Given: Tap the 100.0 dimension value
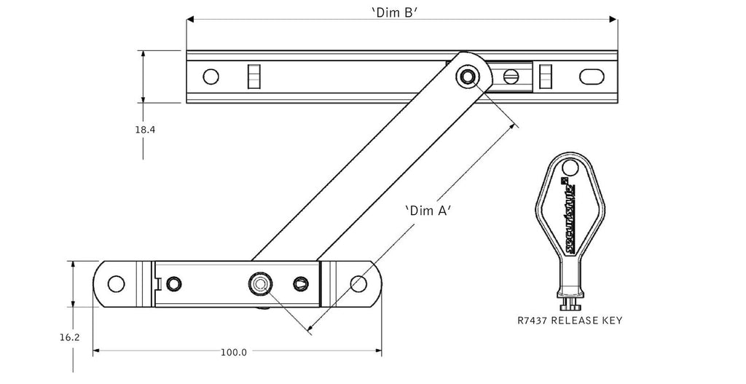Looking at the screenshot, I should [234, 352].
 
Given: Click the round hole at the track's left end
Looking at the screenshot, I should [211, 77].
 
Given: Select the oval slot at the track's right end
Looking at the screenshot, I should [591, 77].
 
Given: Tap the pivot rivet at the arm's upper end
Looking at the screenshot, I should [468, 76].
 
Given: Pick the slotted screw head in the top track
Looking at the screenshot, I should [512, 76].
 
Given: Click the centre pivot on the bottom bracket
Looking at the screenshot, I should [259, 283].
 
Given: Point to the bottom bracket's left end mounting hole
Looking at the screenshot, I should [115, 283].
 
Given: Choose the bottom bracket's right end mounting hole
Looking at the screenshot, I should [358, 283].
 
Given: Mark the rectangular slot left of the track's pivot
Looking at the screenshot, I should [253, 76].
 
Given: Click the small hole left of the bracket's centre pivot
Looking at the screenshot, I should [173, 283].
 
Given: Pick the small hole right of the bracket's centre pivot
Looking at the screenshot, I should [300, 283].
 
